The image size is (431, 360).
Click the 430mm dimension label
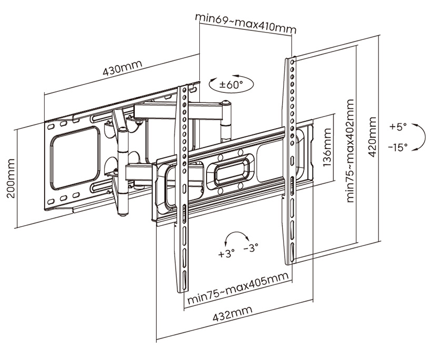click(122, 68)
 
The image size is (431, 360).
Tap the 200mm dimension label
click(11, 178)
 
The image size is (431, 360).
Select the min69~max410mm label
click(245, 23)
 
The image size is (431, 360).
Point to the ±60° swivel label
click(231, 84)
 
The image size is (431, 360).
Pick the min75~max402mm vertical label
click(350, 151)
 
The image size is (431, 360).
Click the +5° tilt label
click(397, 127)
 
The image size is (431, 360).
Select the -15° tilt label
click(398, 147)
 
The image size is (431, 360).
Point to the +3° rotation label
click(227, 253)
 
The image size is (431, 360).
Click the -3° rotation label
click(251, 247)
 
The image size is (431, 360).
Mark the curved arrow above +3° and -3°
click(236, 232)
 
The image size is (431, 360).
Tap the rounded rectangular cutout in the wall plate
click(75, 157)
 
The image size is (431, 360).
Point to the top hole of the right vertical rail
click(292, 61)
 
